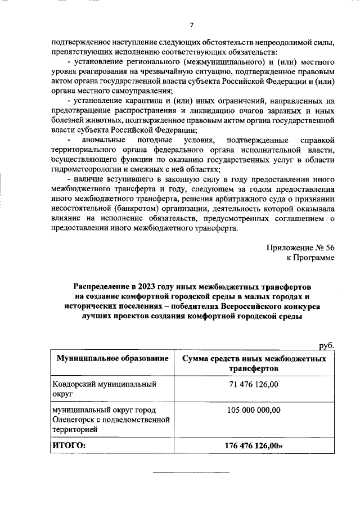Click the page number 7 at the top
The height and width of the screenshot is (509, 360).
192,25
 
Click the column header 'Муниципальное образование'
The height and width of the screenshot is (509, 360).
111,358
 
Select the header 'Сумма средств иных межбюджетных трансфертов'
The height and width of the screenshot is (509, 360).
251,363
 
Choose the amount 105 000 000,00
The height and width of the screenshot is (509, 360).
254,410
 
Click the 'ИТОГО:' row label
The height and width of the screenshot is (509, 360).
69,445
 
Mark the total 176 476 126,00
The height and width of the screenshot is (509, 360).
252,445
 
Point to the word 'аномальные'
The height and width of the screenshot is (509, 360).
102,139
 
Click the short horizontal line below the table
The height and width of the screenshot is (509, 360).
192,472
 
